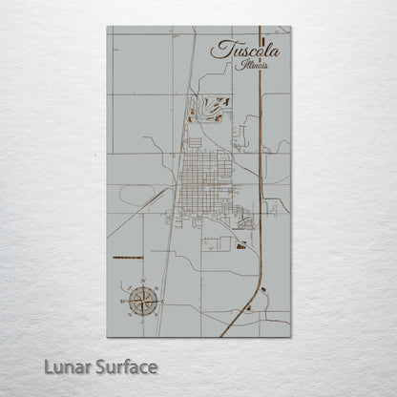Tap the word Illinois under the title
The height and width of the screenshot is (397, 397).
253,67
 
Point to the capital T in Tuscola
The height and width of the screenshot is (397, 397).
219,48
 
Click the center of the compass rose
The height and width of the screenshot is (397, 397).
142,301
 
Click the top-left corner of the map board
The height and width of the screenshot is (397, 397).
108,27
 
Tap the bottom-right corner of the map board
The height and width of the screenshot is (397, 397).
290,337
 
